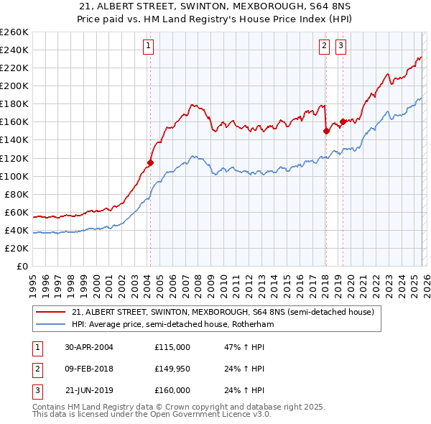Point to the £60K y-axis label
(x=16, y=212)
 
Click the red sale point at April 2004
(x=151, y=162)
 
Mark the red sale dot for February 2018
(x=326, y=131)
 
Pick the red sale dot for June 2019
(x=343, y=121)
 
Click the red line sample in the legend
(x=50, y=313)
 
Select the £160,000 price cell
(x=172, y=390)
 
